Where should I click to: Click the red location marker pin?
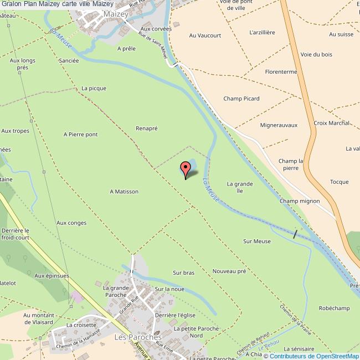click(185, 169)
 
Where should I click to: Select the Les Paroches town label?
click(137, 337)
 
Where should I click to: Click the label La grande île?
click(240, 187)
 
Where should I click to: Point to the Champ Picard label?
click(241, 99)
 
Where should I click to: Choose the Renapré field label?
click(147, 128)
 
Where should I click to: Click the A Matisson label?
click(124, 192)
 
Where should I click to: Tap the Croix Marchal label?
click(331, 123)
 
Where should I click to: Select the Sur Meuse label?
click(257, 241)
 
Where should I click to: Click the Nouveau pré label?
click(229, 271)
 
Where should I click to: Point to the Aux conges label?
click(71, 223)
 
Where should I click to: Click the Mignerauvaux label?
click(279, 126)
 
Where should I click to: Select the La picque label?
click(94, 88)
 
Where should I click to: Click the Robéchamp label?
click(335, 308)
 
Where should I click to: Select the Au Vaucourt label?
click(205, 35)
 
